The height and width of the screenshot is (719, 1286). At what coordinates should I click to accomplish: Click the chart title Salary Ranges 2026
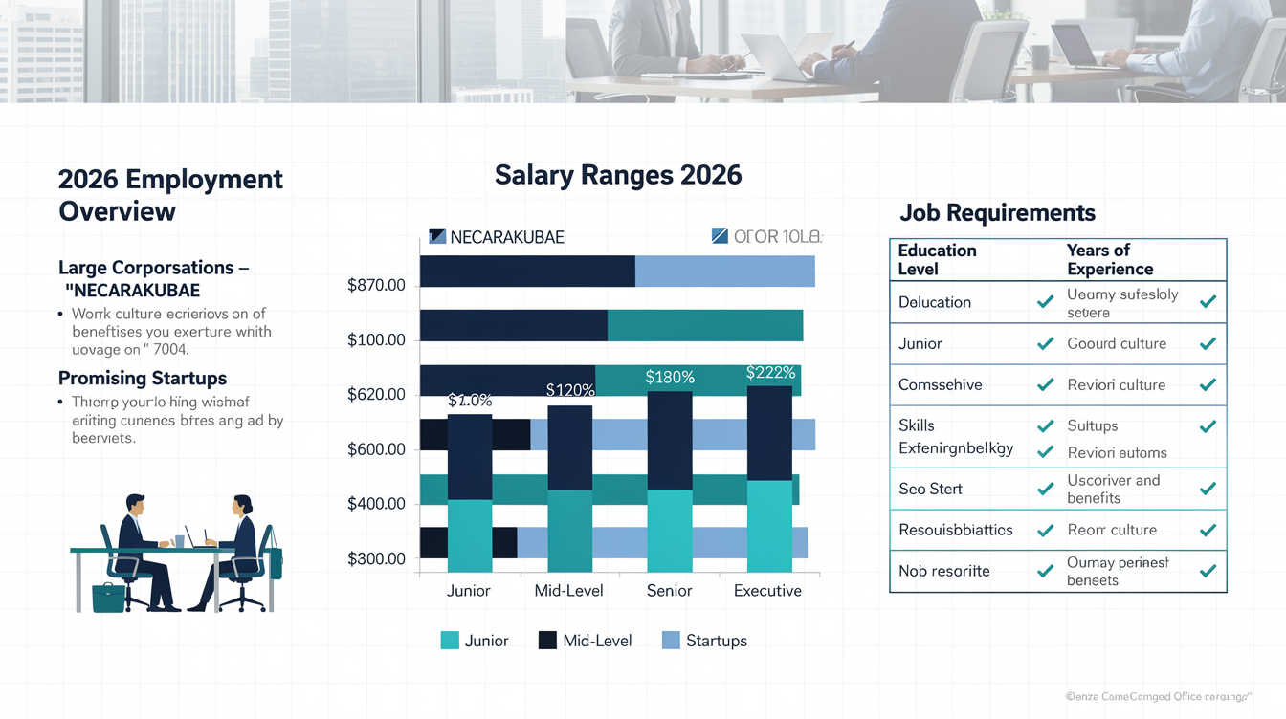618,175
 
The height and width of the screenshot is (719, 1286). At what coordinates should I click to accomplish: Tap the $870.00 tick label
377,285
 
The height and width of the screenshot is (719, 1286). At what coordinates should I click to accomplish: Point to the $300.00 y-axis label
377,558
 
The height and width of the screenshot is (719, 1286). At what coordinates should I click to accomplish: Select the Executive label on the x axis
767,591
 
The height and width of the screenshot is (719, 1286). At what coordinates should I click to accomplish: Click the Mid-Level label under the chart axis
568,591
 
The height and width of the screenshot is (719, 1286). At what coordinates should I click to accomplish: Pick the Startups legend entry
716,641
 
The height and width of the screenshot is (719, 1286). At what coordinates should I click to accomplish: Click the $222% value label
770,373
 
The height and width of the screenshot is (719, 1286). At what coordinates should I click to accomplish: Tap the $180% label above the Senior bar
670,378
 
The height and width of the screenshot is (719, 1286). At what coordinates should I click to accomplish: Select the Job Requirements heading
997,212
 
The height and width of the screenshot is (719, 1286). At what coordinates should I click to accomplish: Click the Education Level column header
937,259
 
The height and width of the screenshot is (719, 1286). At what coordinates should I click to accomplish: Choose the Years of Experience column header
1109,259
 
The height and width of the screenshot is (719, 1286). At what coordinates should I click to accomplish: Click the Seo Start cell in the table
930,489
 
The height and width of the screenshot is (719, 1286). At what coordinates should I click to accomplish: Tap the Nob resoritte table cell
944,571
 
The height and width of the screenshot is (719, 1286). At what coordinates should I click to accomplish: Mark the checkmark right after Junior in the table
1045,344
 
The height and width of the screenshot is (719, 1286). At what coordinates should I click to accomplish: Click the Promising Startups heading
143,378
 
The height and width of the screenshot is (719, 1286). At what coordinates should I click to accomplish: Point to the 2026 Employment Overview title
170,194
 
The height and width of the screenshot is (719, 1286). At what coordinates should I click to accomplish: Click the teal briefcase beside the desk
108,598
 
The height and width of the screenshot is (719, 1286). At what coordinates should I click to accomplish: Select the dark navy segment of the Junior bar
470,457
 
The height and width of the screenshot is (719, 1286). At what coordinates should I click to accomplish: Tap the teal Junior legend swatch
450,641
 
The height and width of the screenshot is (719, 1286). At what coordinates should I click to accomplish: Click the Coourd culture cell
1116,343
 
